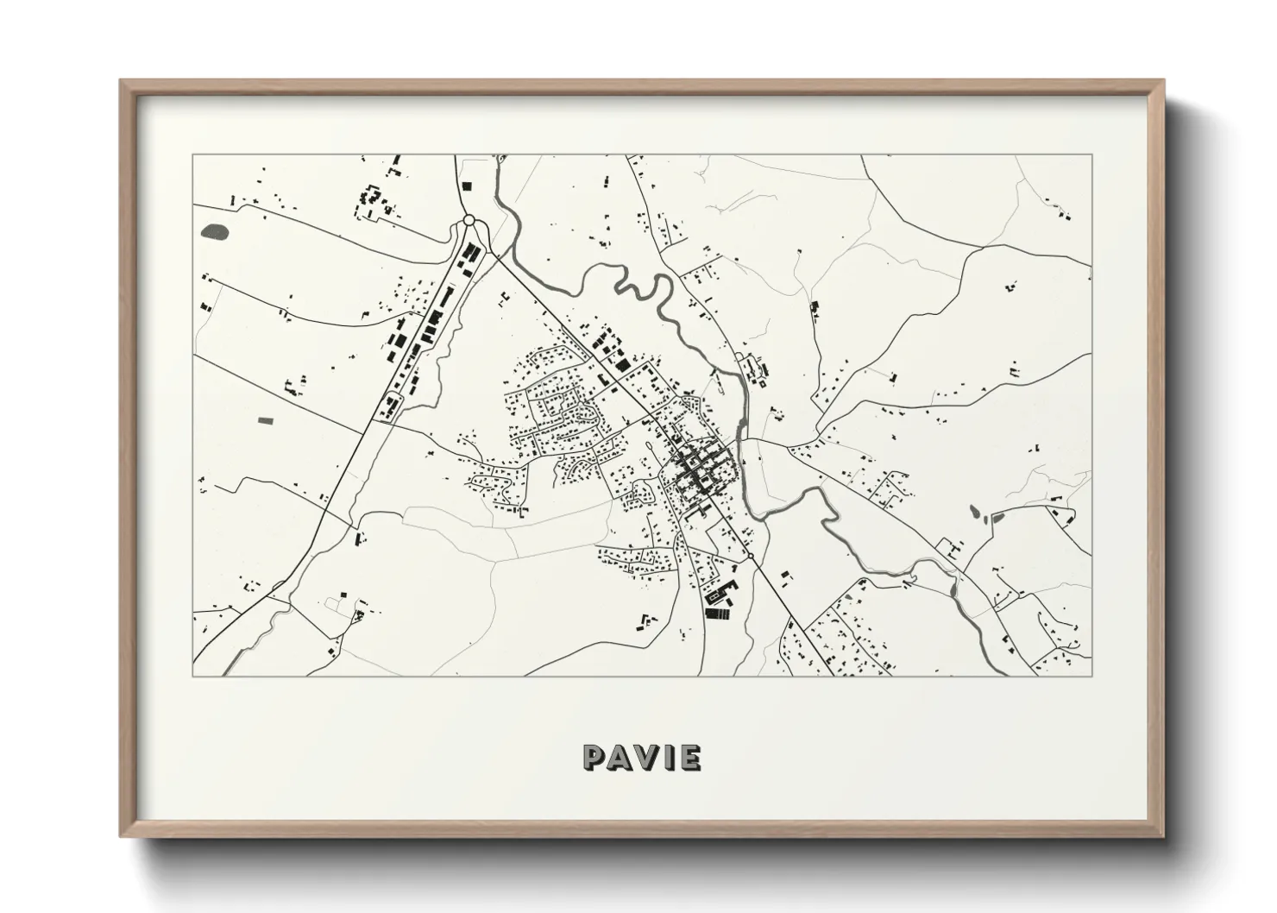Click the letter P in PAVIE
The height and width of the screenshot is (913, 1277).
point(595,757)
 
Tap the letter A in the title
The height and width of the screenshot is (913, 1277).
point(620,757)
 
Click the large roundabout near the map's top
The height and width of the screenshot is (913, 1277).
point(469,222)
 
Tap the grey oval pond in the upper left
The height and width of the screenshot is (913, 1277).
point(213,231)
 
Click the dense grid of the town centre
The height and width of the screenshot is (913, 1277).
point(697,470)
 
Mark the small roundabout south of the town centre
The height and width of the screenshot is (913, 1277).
point(750,555)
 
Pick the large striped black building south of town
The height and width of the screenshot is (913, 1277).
point(716,614)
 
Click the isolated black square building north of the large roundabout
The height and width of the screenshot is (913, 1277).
point(467,185)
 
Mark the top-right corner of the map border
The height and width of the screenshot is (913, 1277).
point(1092,155)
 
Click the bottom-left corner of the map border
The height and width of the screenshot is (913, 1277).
point(193,676)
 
